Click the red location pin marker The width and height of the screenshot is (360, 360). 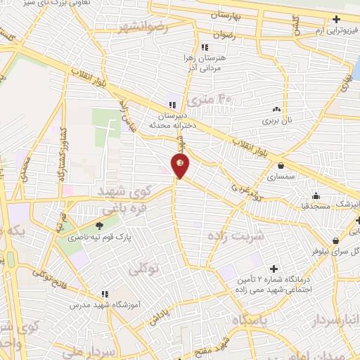coord(181,166)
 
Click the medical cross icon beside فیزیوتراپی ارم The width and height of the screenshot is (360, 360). coord(336,19)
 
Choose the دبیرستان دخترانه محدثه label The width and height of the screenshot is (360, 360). coord(171,119)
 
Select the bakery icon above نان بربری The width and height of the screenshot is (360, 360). coord(276,109)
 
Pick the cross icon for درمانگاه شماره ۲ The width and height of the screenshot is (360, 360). coord(274,269)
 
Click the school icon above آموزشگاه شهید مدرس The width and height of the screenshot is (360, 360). coord(105,294)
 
